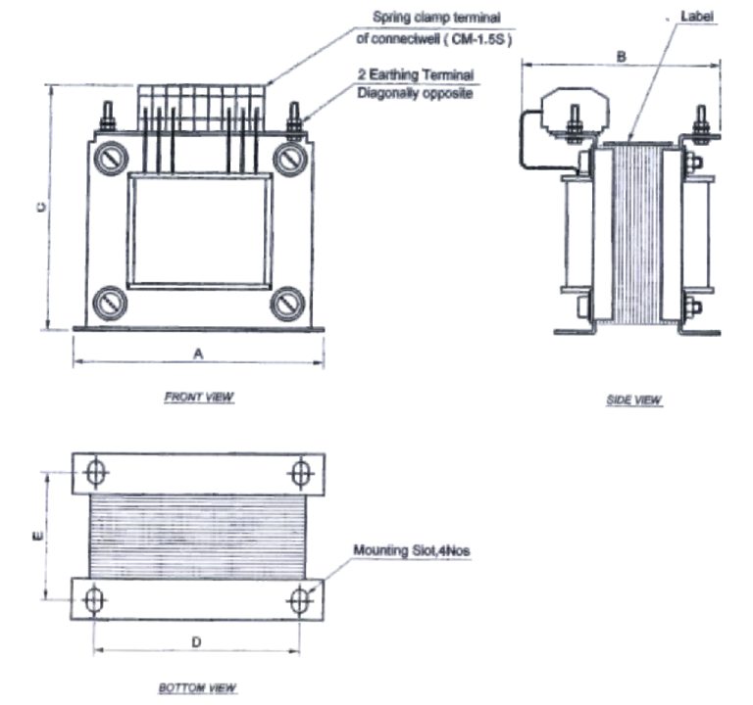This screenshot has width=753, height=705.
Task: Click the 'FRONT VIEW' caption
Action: [x=199, y=397]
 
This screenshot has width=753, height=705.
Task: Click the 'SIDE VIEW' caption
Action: [x=634, y=400]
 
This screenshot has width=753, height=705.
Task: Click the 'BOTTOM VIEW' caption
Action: [x=198, y=688]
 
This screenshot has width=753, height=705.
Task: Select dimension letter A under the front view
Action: [x=198, y=355]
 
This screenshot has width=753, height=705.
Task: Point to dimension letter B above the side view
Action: [x=621, y=57]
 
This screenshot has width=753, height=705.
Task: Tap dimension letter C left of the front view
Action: [x=40, y=208]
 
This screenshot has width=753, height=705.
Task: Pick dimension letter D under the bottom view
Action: [x=196, y=642]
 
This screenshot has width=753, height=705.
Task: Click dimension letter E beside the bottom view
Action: [x=37, y=535]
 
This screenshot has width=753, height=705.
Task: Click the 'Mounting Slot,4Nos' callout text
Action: [x=412, y=552]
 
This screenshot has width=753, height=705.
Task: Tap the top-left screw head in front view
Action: [x=109, y=158]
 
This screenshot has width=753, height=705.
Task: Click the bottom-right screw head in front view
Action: [x=287, y=302]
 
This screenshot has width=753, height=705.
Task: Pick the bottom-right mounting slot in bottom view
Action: [x=300, y=599]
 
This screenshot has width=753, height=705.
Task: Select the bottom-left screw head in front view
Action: [x=109, y=302]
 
